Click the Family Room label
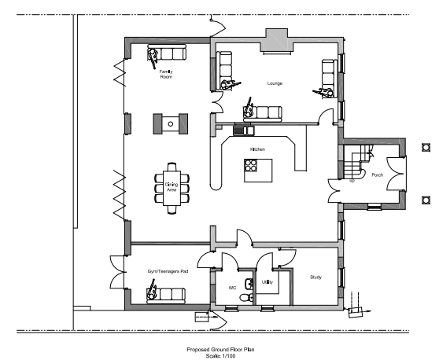coord(166,75)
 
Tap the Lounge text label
coord(275,83)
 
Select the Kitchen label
coord(257,149)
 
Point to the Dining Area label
coord(171,186)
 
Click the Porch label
coord(378,175)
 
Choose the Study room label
coord(315,277)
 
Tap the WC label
coord(232,288)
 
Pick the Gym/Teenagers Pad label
coord(168,271)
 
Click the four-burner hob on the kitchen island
coord(253,165)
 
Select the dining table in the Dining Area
coord(171,186)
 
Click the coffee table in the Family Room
coord(171,123)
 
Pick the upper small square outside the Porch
coord(427,146)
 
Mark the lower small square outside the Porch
coord(427,199)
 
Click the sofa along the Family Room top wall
coord(172,53)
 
